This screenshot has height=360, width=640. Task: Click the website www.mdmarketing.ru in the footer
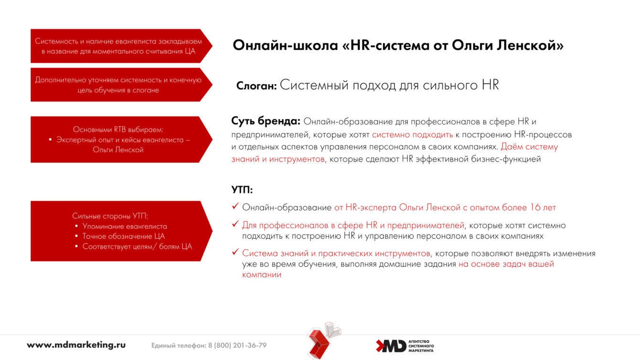pyautogui.click(x=76, y=345)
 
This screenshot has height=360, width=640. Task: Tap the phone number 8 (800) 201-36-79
pyautogui.click(x=237, y=345)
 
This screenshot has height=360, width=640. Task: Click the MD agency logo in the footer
pyautogui.click(x=405, y=346)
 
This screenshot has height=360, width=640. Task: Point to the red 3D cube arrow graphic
pyautogui.click(x=323, y=340)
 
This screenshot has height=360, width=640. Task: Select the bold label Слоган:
pyautogui.click(x=256, y=86)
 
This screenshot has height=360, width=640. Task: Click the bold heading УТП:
pyautogui.click(x=242, y=190)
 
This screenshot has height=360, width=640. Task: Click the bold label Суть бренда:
pyautogui.click(x=266, y=121)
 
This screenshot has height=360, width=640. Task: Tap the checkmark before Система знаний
pyautogui.click(x=235, y=252)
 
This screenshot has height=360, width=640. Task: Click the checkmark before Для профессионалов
pyautogui.click(x=235, y=224)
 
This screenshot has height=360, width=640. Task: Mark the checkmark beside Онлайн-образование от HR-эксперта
pyautogui.click(x=235, y=206)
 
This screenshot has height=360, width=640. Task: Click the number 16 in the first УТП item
pyautogui.click(x=535, y=207)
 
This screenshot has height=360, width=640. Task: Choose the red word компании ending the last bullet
pyautogui.click(x=262, y=275)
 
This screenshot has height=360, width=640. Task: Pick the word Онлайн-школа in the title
pyautogui.click(x=285, y=45)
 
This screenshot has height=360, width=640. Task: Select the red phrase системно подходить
pyautogui.click(x=412, y=135)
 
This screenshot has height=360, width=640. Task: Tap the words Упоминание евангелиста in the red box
pyautogui.click(x=125, y=226)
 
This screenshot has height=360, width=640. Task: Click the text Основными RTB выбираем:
pyautogui.click(x=118, y=129)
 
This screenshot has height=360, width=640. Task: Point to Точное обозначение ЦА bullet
pyautogui.click(x=124, y=236)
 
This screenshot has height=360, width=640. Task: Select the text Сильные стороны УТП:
pyautogui.click(x=110, y=216)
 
